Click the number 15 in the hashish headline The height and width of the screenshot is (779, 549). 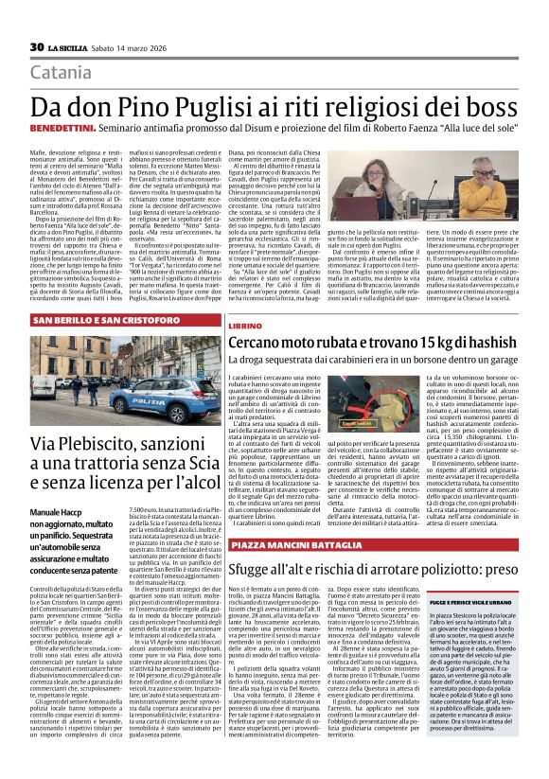pyautogui.click(x=432, y=343)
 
